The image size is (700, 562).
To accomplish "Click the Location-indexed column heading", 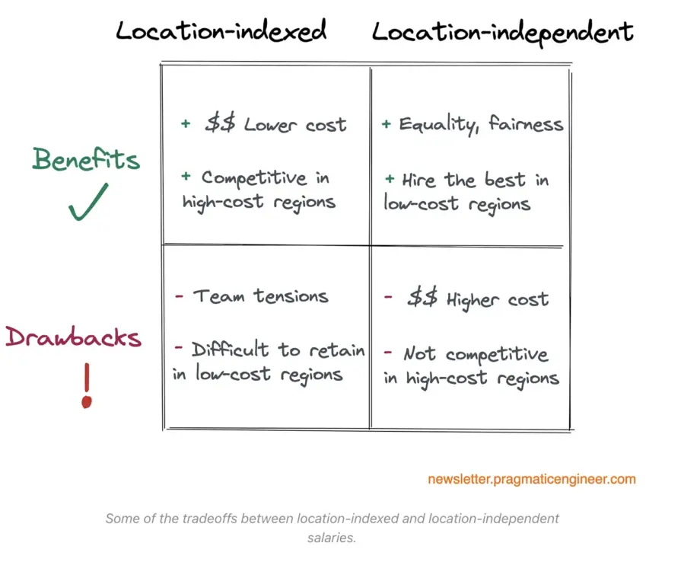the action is [221, 31].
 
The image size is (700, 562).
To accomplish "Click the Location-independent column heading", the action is [503, 34].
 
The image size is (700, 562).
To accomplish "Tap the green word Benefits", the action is [86, 159].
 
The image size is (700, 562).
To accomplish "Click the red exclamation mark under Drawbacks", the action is [87, 385].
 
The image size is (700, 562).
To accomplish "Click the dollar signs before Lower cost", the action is [221, 123].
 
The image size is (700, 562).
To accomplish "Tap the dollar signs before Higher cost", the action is [422, 297].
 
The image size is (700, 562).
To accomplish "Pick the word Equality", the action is [438, 124].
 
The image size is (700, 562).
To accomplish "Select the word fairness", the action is [526, 123].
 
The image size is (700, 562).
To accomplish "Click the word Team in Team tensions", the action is [219, 296].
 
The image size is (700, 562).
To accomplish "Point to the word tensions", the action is [291, 295].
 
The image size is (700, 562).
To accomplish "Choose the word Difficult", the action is [231, 349].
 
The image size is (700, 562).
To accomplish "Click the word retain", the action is [337, 350].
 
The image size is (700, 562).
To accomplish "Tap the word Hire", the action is [418, 180].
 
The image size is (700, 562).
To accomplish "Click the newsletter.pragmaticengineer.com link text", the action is [532, 479].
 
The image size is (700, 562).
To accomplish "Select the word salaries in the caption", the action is [332, 538].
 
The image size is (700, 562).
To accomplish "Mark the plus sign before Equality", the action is [387, 124].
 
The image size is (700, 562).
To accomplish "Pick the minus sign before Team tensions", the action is [179, 296].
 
